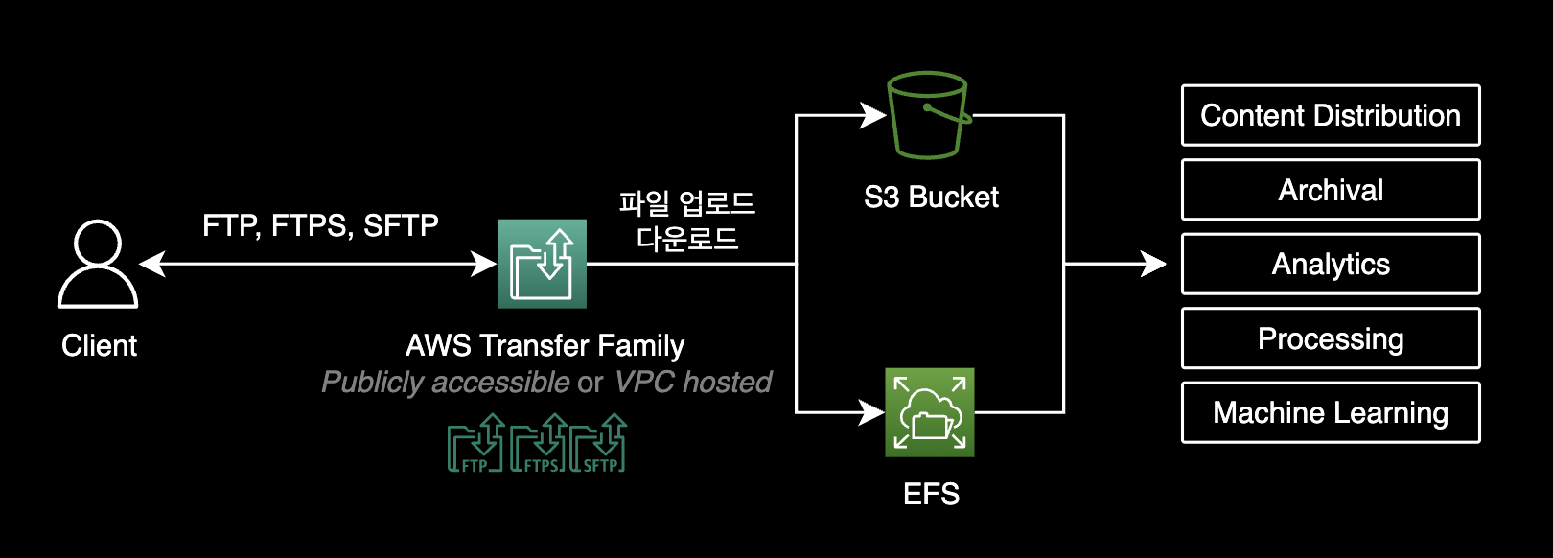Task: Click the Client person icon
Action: click(x=98, y=265)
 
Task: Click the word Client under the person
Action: click(x=99, y=345)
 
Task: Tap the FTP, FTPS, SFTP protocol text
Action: click(x=320, y=225)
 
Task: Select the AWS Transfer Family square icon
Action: click(x=542, y=264)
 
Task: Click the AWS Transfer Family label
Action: click(x=545, y=345)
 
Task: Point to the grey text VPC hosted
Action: click(x=692, y=383)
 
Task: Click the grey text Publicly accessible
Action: click(x=446, y=383)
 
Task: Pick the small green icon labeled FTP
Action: click(x=475, y=444)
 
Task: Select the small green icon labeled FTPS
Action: click(x=539, y=444)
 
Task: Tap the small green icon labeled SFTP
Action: click(x=599, y=444)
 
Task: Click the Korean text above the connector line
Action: click(x=687, y=221)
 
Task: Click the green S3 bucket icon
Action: click(x=928, y=115)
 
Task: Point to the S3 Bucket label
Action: click(x=931, y=198)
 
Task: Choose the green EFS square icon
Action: click(x=929, y=412)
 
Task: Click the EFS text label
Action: click(x=931, y=494)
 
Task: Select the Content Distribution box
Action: click(x=1331, y=115)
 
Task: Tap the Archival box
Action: click(x=1331, y=190)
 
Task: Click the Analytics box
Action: click(x=1331, y=264)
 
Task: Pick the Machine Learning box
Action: click(x=1331, y=412)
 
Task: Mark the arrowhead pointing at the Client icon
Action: click(x=151, y=264)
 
